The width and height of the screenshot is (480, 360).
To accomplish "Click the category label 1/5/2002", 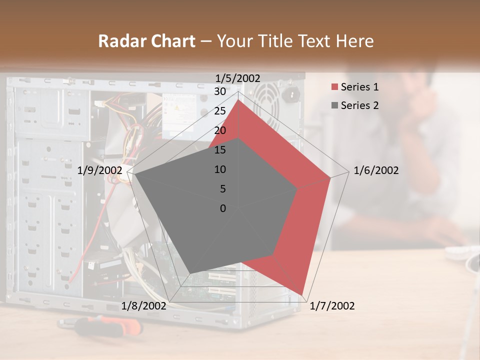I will pyautogui.click(x=238, y=78).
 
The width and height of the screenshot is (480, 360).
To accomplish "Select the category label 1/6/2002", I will pyautogui.click(x=376, y=170).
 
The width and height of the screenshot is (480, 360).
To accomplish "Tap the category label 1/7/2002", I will pyautogui.click(x=332, y=306).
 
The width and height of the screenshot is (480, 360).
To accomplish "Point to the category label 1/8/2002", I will pyautogui.click(x=144, y=306).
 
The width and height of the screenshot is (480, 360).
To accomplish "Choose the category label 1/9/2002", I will pyautogui.click(x=100, y=170).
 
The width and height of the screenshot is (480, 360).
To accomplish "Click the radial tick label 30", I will pyautogui.click(x=220, y=91).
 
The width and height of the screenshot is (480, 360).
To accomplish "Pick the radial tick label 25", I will pyautogui.click(x=220, y=111).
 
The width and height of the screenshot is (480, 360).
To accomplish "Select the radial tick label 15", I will pyautogui.click(x=220, y=150).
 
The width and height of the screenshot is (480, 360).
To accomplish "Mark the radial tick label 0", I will pyautogui.click(x=223, y=208).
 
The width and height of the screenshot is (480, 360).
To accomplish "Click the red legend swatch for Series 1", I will pyautogui.click(x=334, y=87).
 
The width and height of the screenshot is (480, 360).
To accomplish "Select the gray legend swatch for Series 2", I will pyautogui.click(x=334, y=105).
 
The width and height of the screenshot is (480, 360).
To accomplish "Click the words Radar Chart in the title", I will pyautogui.click(x=146, y=41).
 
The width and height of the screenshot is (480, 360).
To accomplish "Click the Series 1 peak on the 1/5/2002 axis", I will pyautogui.click(x=238, y=100).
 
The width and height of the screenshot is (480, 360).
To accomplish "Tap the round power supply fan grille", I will pyautogui.click(x=265, y=95).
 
